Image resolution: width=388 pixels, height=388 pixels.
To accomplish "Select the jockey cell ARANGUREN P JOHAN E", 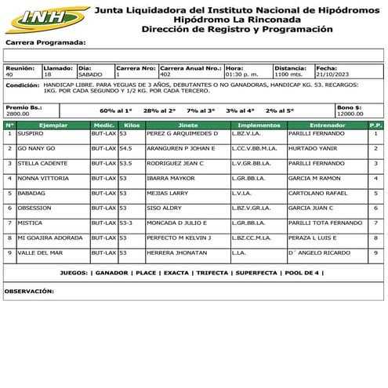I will (180, 148).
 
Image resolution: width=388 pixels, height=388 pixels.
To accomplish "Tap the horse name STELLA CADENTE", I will (40, 163).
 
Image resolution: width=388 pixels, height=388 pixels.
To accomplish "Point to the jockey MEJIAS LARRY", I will (167, 193).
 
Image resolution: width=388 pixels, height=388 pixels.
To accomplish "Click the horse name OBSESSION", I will (34, 208).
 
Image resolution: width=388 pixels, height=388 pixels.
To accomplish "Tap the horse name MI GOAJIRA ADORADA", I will (49, 238).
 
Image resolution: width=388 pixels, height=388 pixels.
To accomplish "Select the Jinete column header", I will (188, 125).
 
